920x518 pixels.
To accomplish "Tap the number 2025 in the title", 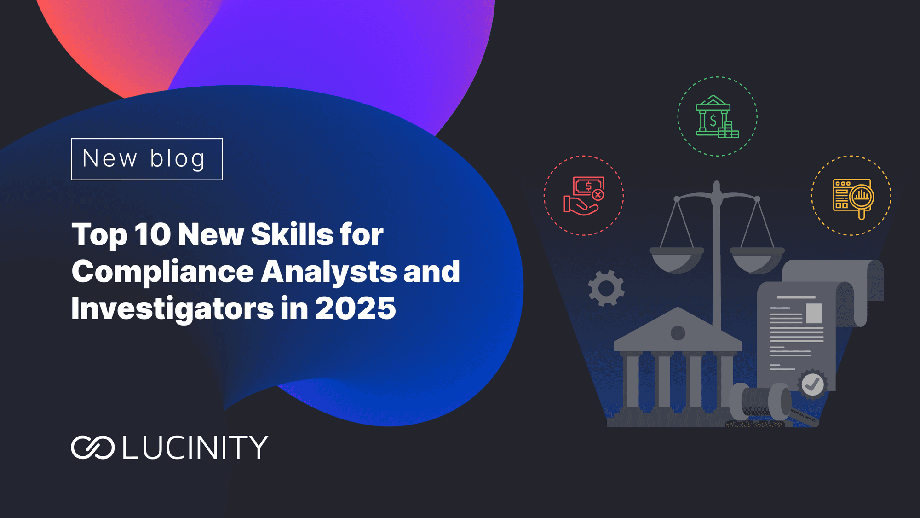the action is (355, 308).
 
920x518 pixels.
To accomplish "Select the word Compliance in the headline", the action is (162, 272).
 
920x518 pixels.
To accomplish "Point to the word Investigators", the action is (172, 309).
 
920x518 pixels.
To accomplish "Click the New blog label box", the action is (147, 159).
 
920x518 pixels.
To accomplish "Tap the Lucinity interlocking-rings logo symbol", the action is (92, 447).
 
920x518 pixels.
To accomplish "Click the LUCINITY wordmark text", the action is (195, 447).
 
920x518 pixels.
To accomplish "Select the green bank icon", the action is (717, 116).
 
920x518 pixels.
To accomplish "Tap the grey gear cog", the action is (606, 288).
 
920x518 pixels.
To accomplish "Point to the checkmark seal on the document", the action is (812, 384).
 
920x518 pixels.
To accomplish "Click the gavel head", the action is (760, 402).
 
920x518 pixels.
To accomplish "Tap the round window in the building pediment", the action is (678, 332).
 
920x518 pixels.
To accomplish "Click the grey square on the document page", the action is (814, 313).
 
